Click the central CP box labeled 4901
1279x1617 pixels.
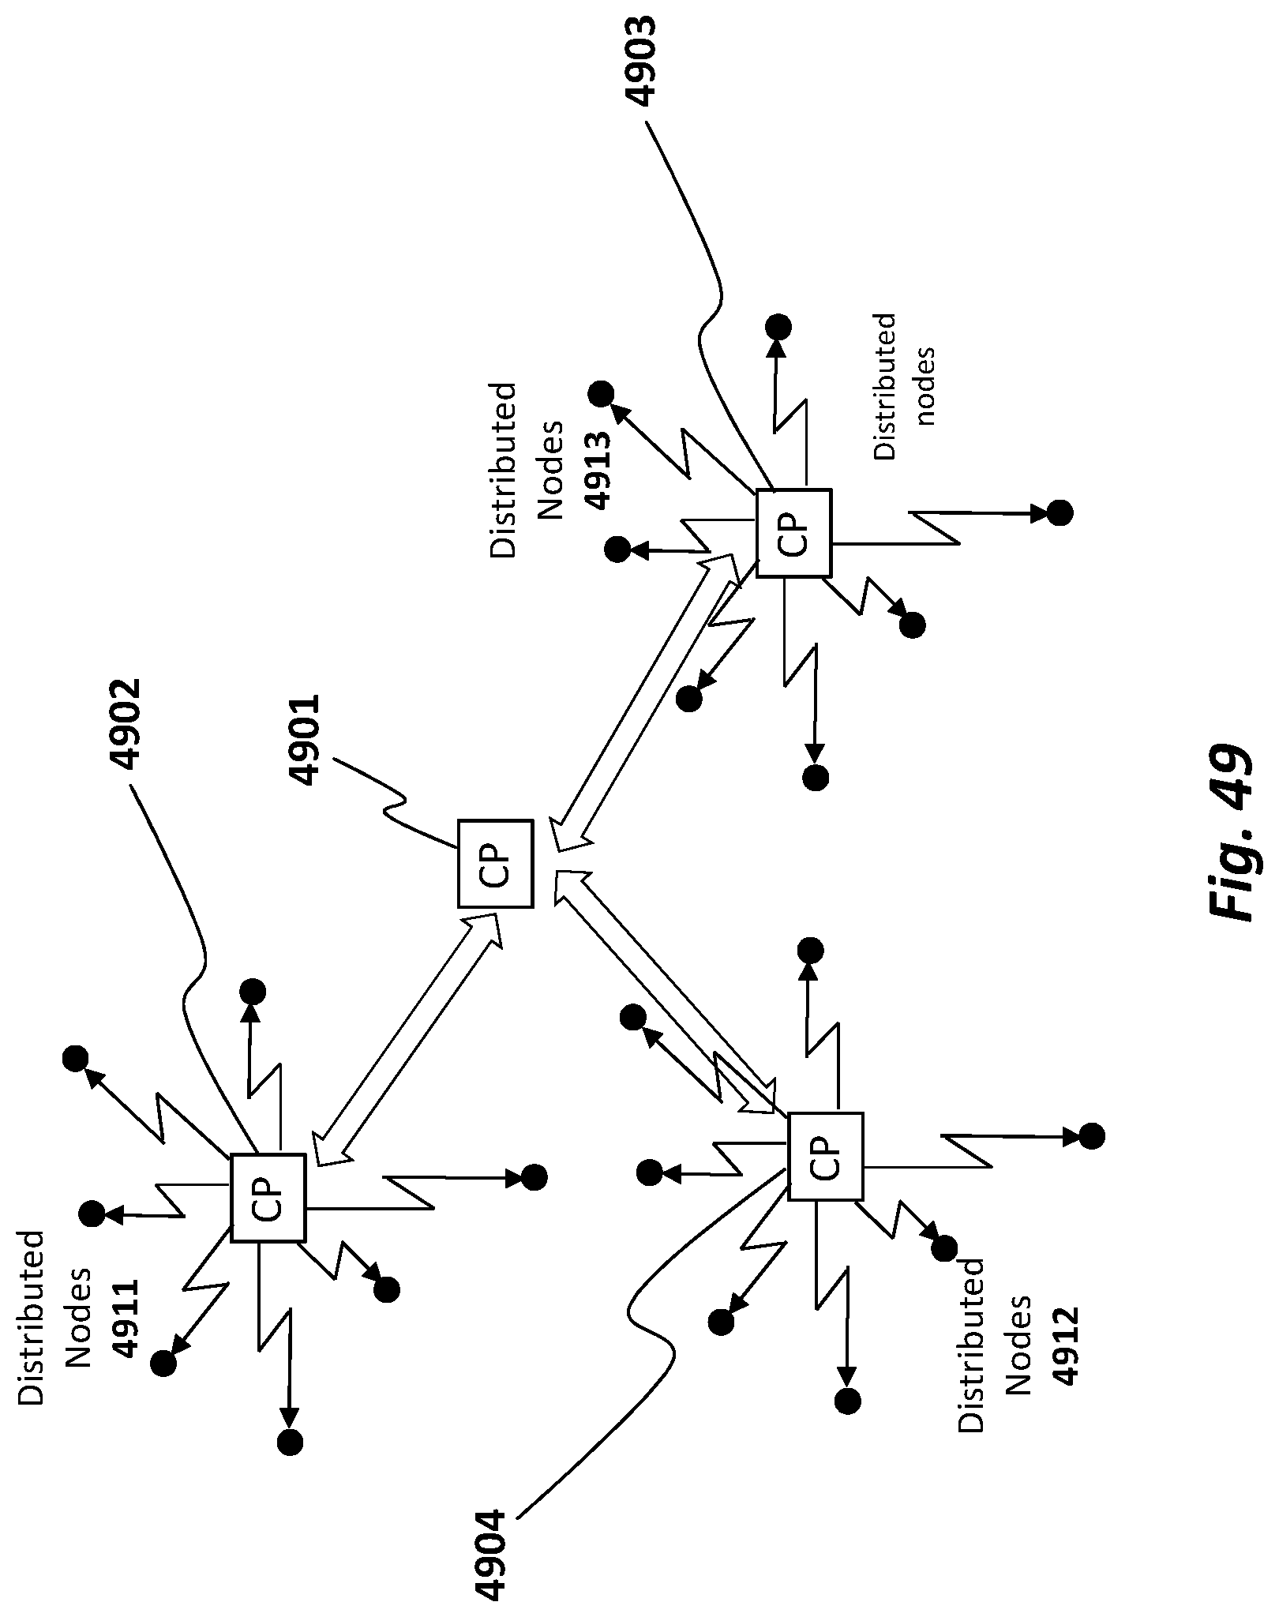pos(496,863)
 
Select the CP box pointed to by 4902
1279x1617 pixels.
pos(268,1198)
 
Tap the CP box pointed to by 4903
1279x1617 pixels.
pos(793,533)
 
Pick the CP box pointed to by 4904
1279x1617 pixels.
pos(826,1157)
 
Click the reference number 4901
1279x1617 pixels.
pos(305,740)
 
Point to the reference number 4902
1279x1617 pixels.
pos(124,725)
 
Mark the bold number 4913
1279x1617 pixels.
pos(598,471)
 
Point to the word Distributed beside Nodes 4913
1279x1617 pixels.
pos(502,471)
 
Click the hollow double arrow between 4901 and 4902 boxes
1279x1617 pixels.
pos(407,1039)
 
